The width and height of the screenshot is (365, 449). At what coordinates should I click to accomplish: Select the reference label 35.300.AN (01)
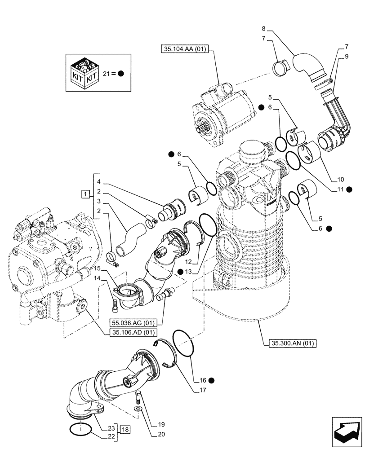coord(294,344)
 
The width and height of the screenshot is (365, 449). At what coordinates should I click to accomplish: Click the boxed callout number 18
coord(125,430)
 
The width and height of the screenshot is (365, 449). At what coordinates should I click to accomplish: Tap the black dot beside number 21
coord(121,73)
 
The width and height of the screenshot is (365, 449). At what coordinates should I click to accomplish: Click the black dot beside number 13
coord(180,271)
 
